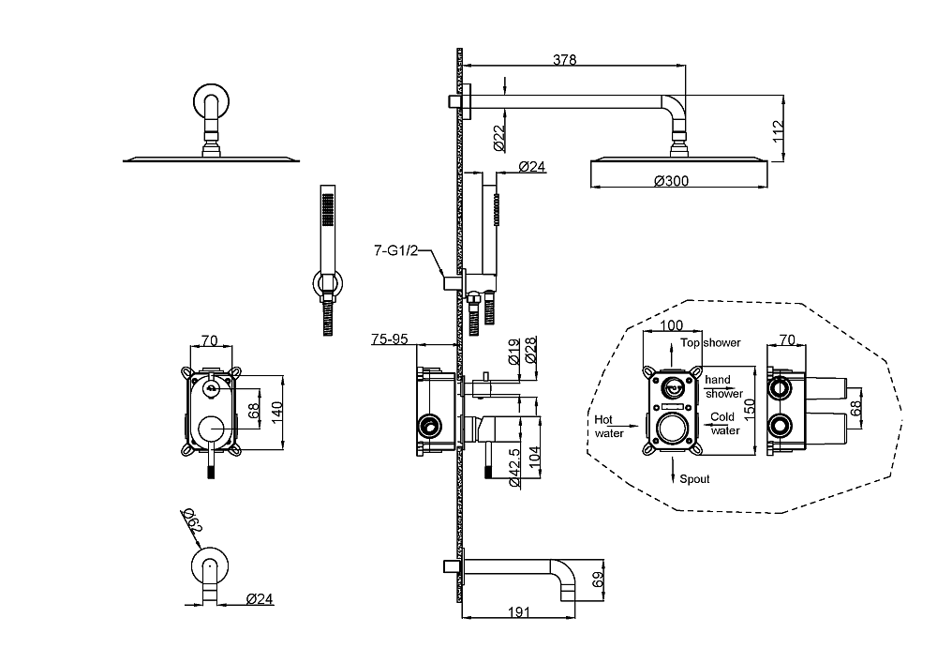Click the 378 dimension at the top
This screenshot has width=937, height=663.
pyautogui.click(x=564, y=59)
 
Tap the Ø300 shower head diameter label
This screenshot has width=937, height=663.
pyautogui.click(x=671, y=181)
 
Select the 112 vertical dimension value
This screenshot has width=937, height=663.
pyautogui.click(x=778, y=131)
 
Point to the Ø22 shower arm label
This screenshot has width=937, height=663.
pyautogui.click(x=500, y=138)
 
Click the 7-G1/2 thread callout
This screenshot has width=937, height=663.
pyautogui.click(x=396, y=250)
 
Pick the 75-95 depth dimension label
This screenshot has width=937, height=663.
pyautogui.click(x=390, y=339)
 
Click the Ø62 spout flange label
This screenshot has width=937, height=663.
pyautogui.click(x=192, y=520)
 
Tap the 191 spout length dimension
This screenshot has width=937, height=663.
pyautogui.click(x=519, y=611)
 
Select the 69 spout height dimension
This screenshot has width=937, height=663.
pyautogui.click(x=598, y=579)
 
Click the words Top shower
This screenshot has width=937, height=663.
pyautogui.click(x=710, y=342)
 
